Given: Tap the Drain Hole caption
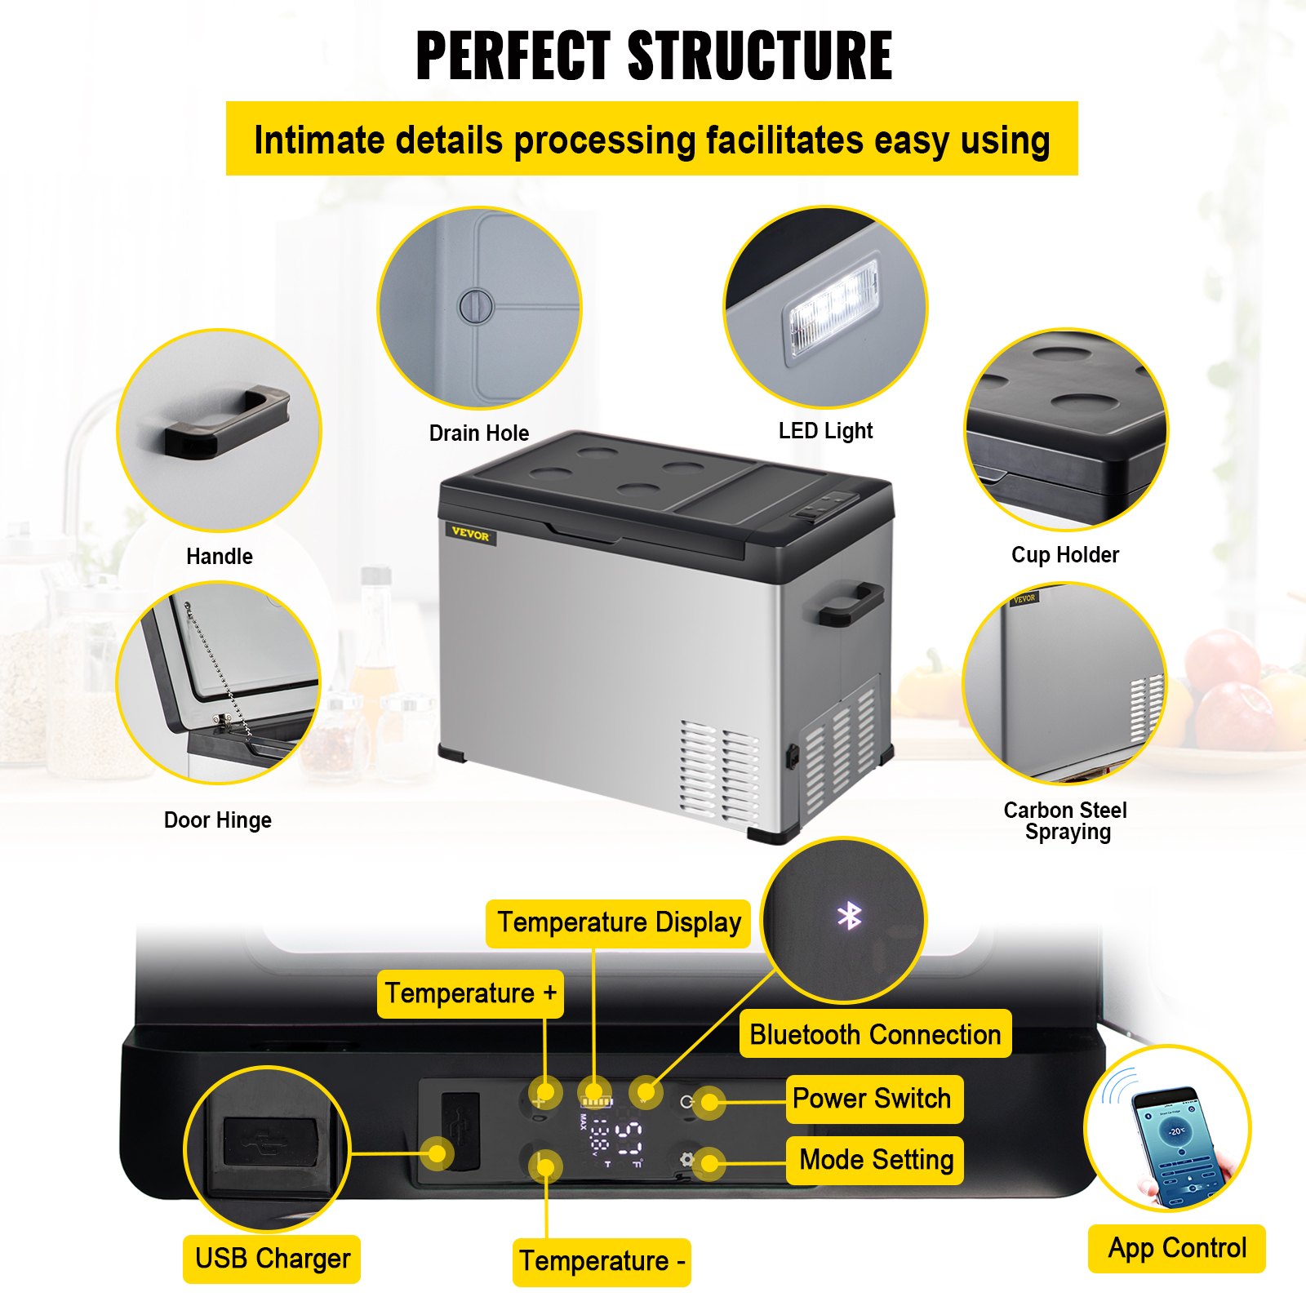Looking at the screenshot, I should click(479, 433).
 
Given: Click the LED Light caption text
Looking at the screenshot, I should click(825, 431).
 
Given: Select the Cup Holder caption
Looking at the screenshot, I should click(1064, 555).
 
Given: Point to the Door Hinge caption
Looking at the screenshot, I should click(217, 820).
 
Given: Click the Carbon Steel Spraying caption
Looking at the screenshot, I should click(1065, 821).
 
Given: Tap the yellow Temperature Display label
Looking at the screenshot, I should click(619, 923).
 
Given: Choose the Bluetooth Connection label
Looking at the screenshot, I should click(875, 1035).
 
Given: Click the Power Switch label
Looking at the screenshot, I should click(872, 1099).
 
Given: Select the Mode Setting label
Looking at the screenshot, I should click(876, 1160).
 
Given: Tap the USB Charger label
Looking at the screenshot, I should click(272, 1259).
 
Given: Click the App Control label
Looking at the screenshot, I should click(1176, 1249).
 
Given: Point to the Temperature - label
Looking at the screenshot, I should click(602, 1262).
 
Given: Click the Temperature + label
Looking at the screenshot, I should click(470, 993).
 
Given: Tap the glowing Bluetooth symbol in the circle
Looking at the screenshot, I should click(849, 917).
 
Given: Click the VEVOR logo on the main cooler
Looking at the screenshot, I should click(470, 535).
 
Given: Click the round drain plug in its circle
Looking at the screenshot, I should click(476, 306).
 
